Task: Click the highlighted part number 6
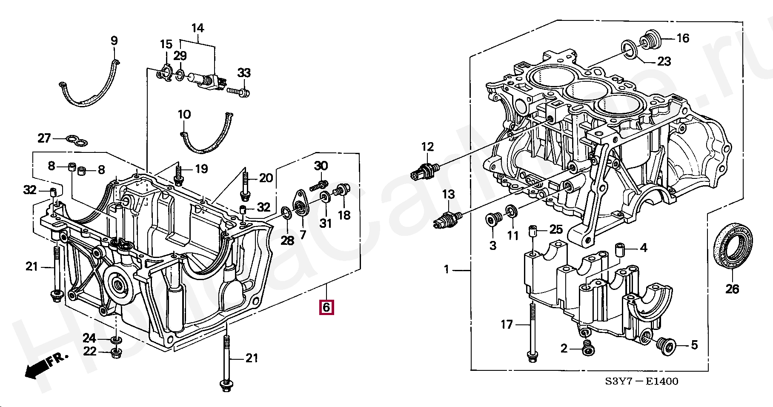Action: pyautogui.click(x=326, y=307)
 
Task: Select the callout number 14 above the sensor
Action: pyautogui.click(x=198, y=29)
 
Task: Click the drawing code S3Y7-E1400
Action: pyautogui.click(x=642, y=381)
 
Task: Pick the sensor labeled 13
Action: pyautogui.click(x=447, y=218)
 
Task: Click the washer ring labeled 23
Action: pyautogui.click(x=630, y=50)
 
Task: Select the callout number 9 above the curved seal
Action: pyautogui.click(x=114, y=41)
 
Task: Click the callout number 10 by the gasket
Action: pyautogui.click(x=184, y=115)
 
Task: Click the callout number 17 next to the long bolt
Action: pyautogui.click(x=507, y=325)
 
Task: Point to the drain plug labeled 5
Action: pyautogui.click(x=667, y=345)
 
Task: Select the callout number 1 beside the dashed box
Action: pyautogui.click(x=447, y=269)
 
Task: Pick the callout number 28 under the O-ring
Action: pyautogui.click(x=287, y=241)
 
